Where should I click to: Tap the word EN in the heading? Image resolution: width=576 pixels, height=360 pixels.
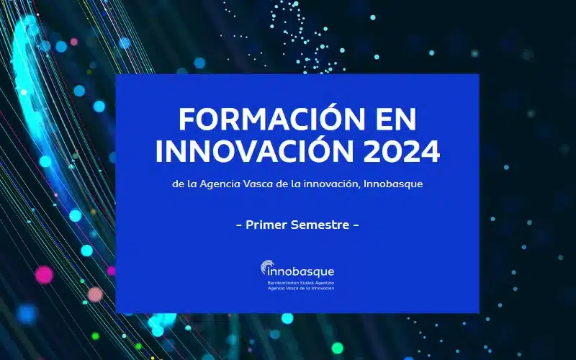[398, 120]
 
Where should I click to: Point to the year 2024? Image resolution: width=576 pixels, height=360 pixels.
[402, 151]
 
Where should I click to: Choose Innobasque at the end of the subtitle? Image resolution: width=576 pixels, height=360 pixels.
[392, 184]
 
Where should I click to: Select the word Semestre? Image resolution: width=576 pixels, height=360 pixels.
[320, 225]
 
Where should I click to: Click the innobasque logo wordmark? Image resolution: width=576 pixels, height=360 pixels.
[300, 272]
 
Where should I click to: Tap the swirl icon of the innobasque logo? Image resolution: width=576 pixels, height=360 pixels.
[266, 266]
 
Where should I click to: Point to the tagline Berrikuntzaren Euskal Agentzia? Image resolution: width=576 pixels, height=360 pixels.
[301, 283]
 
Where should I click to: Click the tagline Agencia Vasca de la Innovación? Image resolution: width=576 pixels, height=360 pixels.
[301, 289]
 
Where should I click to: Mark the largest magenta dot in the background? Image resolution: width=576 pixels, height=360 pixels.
[44, 275]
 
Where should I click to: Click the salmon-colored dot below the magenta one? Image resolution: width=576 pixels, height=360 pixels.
[95, 294]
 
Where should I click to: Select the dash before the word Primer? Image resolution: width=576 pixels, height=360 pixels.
[239, 225]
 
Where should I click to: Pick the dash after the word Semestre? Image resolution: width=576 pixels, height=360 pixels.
[356, 225]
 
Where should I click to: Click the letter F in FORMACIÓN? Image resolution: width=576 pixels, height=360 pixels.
[187, 120]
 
